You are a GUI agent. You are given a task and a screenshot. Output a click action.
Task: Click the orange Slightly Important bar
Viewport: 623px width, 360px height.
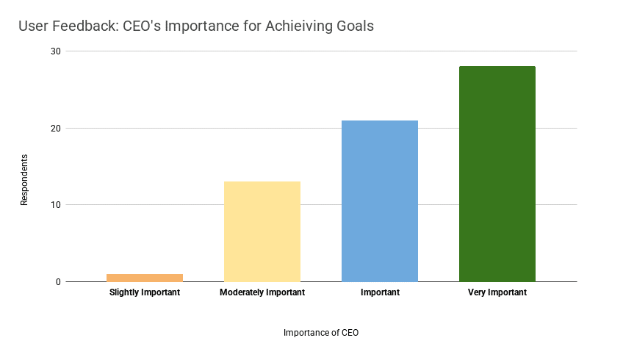145,278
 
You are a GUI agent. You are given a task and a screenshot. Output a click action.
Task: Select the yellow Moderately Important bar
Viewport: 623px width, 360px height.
262,231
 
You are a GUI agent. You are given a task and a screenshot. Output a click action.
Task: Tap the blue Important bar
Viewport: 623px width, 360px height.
380,201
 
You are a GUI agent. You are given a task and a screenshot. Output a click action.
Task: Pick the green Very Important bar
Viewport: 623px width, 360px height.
497,174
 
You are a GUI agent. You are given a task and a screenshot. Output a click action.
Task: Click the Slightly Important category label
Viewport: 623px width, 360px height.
145,292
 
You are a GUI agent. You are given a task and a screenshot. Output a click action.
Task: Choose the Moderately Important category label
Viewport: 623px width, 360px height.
262,292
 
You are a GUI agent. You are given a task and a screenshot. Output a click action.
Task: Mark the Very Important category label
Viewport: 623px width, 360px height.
497,292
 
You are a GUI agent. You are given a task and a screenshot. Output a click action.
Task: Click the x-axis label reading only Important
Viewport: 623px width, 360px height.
380,292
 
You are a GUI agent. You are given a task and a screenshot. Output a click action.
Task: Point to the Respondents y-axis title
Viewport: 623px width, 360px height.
24,180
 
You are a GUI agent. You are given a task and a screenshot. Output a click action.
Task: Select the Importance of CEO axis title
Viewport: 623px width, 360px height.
321,333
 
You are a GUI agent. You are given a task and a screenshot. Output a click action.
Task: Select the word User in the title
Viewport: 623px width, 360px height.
34,26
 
